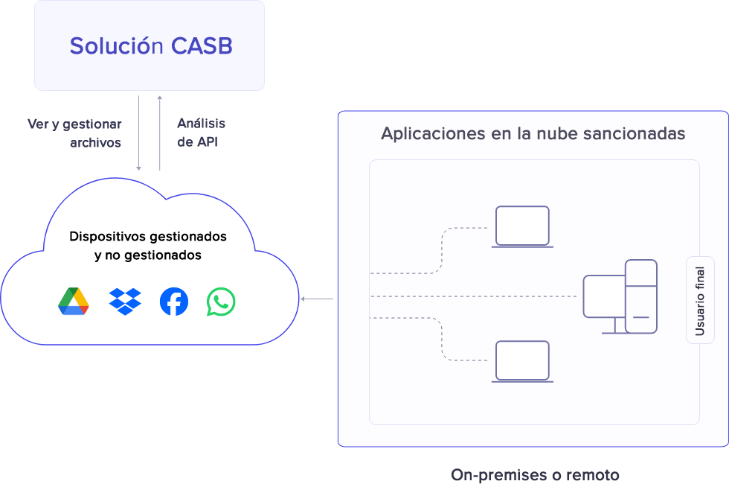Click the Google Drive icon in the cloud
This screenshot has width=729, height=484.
[74, 302]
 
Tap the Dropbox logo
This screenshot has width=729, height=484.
[125, 302]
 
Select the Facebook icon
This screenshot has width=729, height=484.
[174, 302]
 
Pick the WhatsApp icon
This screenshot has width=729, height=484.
[221, 302]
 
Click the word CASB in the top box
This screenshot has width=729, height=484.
[202, 46]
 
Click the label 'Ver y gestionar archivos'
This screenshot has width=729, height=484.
[74, 133]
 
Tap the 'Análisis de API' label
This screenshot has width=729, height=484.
[201, 133]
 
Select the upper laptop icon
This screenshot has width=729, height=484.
[522, 227]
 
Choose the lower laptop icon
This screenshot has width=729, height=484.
[522, 362]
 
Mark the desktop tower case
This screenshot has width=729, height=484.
[641, 296]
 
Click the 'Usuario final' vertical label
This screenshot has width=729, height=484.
[700, 300]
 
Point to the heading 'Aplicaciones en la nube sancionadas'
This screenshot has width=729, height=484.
[533, 134]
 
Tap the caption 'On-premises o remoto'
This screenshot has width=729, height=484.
[535, 475]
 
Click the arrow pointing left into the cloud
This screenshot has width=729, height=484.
[316, 299]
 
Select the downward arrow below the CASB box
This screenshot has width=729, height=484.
[139, 134]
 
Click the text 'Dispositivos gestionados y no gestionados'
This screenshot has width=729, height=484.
[147, 246]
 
